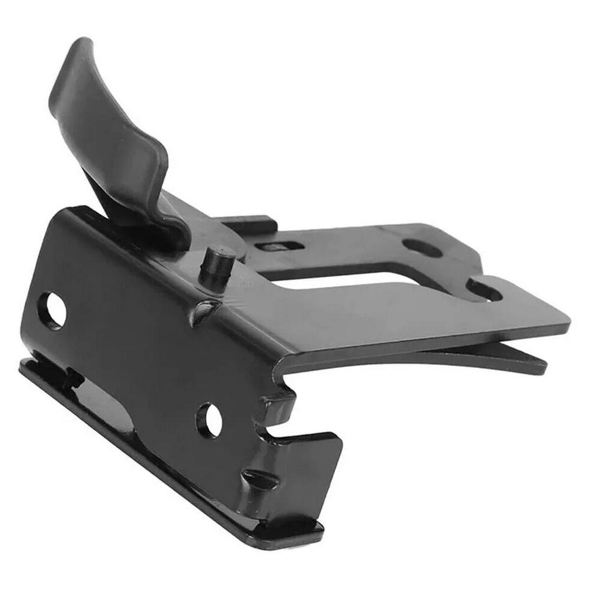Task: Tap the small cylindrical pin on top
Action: (217, 262)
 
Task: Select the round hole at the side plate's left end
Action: (51, 310)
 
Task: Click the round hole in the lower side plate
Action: (209, 420)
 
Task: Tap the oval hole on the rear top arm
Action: (422, 247)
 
